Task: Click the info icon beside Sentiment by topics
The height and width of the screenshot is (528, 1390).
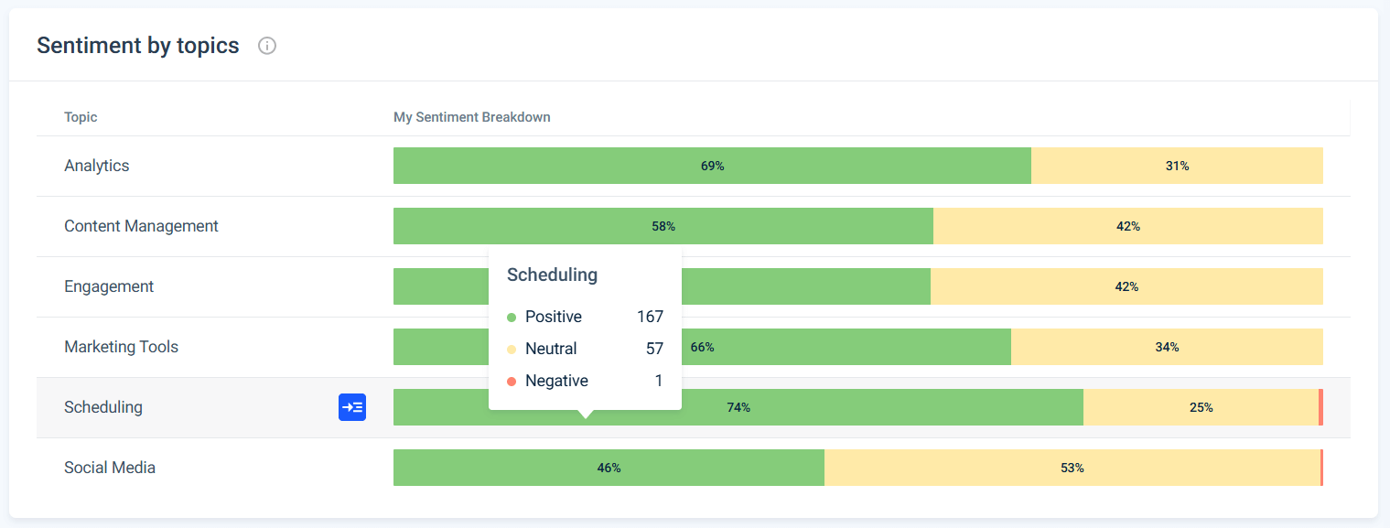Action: [267, 46]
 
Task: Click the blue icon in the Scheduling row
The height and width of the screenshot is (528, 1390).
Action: [352, 407]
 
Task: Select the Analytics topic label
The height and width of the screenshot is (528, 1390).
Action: [96, 166]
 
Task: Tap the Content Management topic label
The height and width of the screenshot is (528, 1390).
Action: [141, 226]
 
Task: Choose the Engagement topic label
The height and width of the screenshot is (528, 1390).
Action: [109, 286]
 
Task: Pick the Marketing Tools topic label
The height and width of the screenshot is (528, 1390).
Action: [121, 347]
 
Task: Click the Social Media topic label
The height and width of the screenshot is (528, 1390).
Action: [110, 468]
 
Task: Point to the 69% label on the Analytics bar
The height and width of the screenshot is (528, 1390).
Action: [712, 166]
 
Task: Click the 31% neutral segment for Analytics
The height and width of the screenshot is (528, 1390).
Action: [1177, 166]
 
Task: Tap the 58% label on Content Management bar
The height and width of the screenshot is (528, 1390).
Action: [663, 226]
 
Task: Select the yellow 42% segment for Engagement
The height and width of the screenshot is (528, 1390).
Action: [1126, 286]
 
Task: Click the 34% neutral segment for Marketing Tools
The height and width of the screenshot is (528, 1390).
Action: [1167, 347]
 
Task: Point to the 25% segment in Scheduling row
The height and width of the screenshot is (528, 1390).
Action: [1201, 407]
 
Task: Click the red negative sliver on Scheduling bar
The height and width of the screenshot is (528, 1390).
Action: [1320, 407]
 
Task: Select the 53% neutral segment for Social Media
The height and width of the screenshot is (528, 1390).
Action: [1072, 468]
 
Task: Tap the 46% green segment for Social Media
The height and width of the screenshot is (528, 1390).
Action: [609, 468]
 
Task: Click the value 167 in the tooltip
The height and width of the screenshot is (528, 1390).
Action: [650, 317]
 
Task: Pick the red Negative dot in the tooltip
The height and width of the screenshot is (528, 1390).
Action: [512, 381]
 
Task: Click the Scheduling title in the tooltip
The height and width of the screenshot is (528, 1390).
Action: [552, 275]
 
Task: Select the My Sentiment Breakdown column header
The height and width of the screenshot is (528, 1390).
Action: [471, 117]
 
